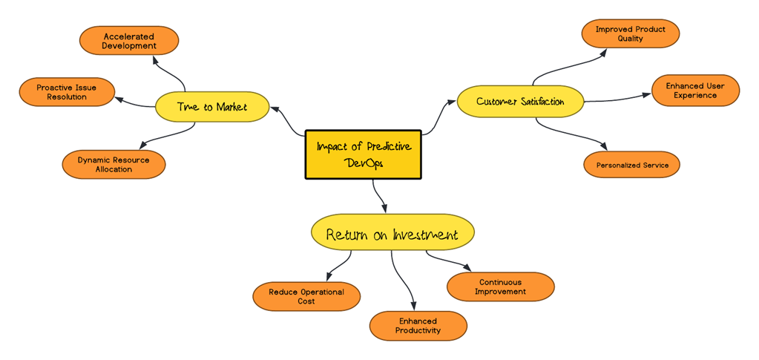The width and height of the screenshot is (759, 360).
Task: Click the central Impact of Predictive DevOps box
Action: [x=363, y=154]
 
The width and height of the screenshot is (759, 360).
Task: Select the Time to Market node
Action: [x=211, y=107]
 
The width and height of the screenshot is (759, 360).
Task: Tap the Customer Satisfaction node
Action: [x=520, y=102]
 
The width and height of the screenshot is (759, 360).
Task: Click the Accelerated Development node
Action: [x=129, y=41]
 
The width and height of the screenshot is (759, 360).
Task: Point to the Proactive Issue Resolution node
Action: [x=67, y=92]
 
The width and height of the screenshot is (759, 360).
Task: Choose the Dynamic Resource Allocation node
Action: [x=114, y=164]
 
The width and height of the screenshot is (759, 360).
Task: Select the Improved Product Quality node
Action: [x=630, y=33]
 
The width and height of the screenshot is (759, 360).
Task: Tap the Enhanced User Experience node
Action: [x=695, y=91]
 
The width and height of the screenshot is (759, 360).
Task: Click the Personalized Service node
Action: [x=631, y=165]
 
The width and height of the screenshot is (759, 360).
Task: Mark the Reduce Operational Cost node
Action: [x=306, y=296]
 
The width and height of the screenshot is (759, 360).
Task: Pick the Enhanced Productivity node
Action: [x=418, y=326]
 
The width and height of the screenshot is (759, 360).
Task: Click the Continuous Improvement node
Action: [x=501, y=287]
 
